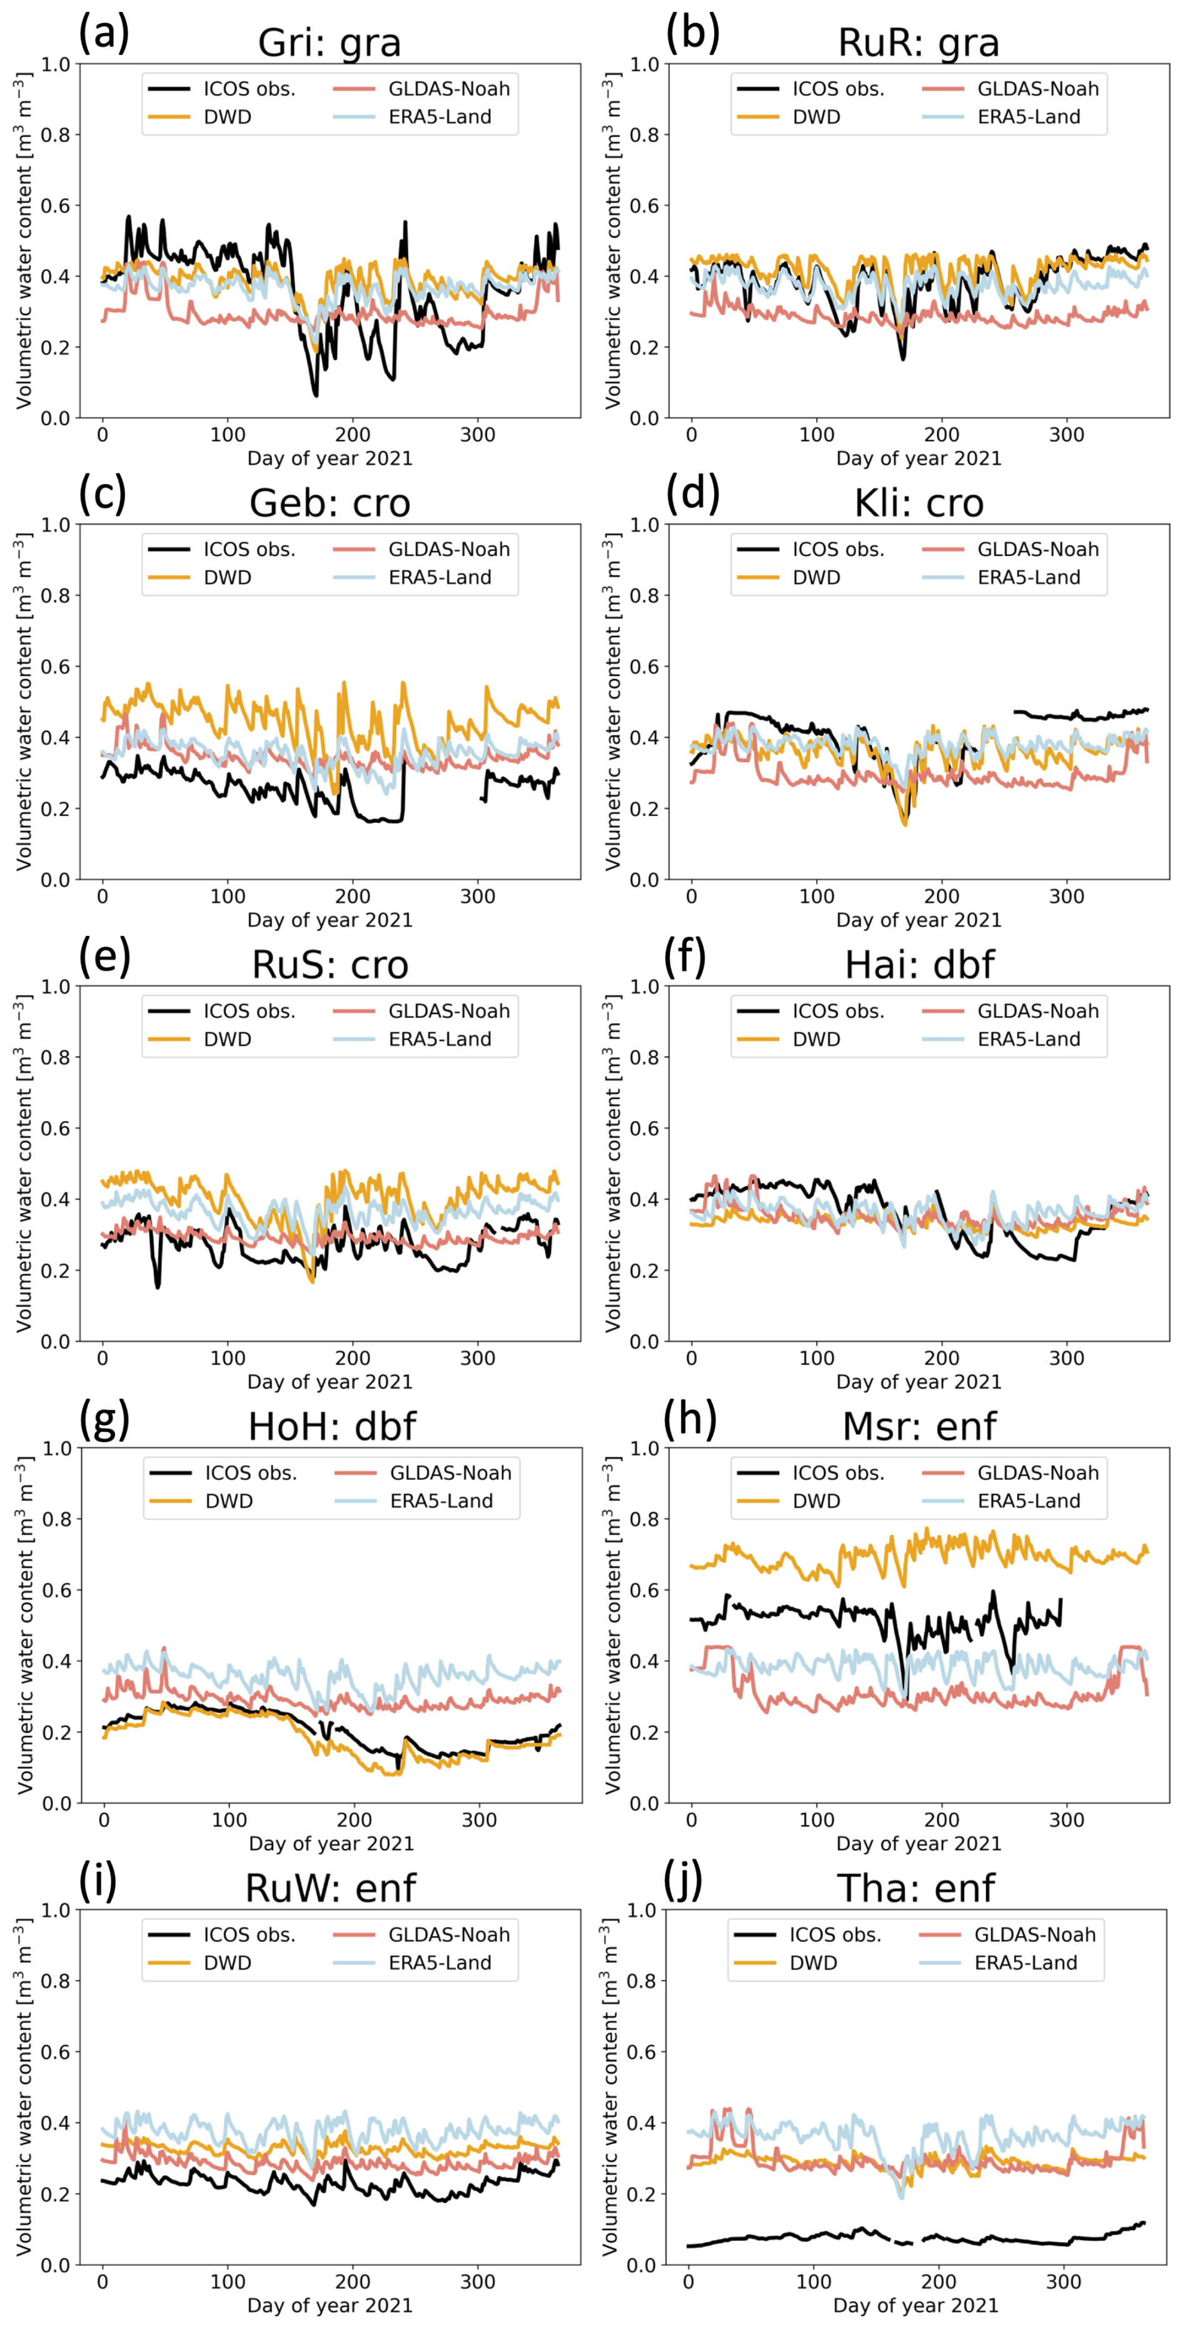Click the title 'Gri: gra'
330,43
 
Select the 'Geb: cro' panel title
330,503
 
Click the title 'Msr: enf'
919,1427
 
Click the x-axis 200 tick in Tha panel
939,2282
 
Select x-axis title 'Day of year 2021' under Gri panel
330,458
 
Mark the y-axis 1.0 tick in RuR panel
645,64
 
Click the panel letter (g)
104,1419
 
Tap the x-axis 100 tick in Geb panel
228,897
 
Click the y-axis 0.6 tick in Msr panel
645,1591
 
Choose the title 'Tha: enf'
915,1889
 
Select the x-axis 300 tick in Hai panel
1067,1358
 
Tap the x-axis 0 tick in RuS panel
102,1358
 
